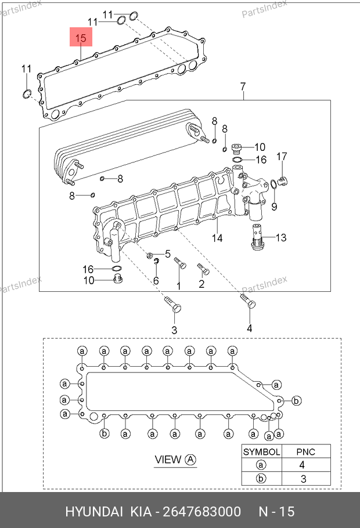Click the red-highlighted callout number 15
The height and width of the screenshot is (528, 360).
pyautogui.click(x=81, y=38)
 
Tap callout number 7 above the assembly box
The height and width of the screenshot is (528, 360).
pyautogui.click(x=243, y=87)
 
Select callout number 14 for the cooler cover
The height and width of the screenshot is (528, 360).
pyautogui.click(x=217, y=238)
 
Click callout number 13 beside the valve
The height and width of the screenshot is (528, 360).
pyautogui.click(x=281, y=238)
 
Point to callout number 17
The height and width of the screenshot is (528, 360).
pyautogui.click(x=282, y=157)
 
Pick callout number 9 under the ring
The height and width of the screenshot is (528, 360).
pyautogui.click(x=275, y=207)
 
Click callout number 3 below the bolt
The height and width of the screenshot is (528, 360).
pyautogui.click(x=174, y=330)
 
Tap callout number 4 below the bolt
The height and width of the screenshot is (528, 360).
pyautogui.click(x=250, y=328)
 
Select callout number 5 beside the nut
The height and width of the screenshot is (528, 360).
pyautogui.click(x=168, y=254)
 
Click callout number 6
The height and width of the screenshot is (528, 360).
pyautogui.click(x=156, y=280)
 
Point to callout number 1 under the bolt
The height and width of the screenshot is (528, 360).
pyautogui.click(x=179, y=286)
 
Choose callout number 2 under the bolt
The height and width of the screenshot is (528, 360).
pyautogui.click(x=201, y=284)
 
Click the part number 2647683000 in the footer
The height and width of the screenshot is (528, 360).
pyautogui.click(x=202, y=512)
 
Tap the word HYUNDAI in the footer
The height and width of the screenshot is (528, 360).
pyautogui.click(x=94, y=512)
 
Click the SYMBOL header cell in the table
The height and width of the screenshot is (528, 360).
pyautogui.click(x=261, y=451)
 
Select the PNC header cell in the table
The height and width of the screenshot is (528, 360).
pyautogui.click(x=306, y=451)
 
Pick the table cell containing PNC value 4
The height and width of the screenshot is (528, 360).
pyautogui.click(x=302, y=465)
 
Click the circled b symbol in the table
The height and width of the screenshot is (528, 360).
pyautogui.click(x=261, y=479)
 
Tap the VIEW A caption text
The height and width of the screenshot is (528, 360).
pyautogui.click(x=175, y=460)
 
